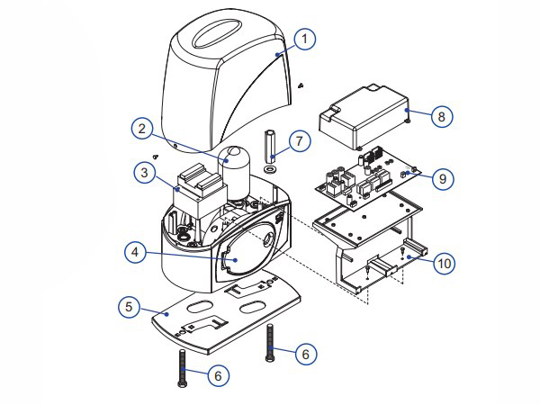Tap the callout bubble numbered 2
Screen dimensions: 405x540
[x=142, y=129]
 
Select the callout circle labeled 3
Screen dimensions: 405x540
[x=142, y=170]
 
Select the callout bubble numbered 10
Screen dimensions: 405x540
[x=443, y=263]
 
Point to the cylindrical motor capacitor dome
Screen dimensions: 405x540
[x=238, y=166]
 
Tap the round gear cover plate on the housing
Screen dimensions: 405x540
[x=241, y=254]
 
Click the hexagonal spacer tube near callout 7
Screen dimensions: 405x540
[x=269, y=146]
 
